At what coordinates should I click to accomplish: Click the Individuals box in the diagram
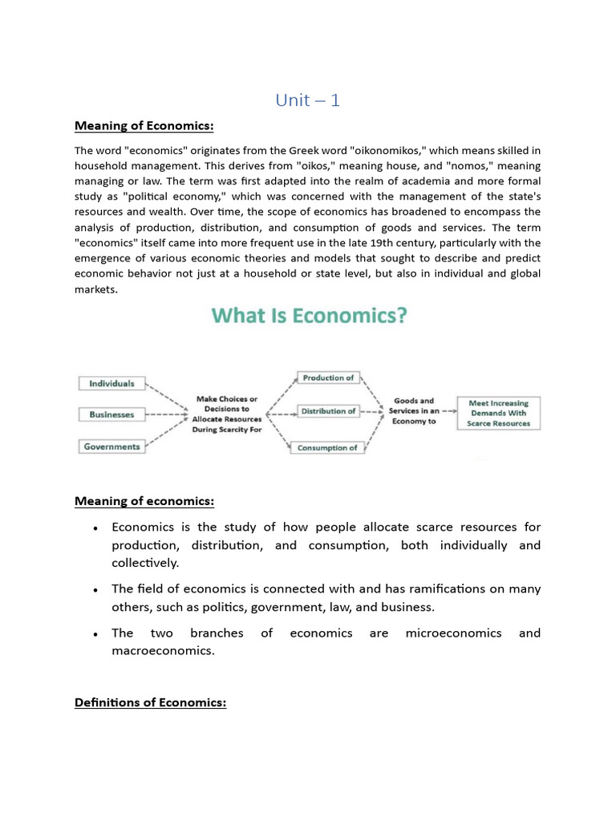(111, 383)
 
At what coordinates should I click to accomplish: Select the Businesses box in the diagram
(111, 415)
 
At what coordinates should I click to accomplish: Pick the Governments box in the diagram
(111, 447)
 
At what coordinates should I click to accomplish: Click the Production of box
(327, 378)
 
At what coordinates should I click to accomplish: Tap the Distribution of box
(327, 411)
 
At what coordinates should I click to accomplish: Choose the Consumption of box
(327, 447)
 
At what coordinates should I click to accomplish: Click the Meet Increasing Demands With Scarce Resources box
(498, 413)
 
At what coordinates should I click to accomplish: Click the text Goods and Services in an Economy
(415, 411)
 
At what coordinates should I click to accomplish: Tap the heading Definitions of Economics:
(151, 703)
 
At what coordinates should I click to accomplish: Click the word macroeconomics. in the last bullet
(164, 651)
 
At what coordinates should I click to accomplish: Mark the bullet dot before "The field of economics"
(95, 589)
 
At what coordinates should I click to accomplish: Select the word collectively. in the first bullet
(145, 563)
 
